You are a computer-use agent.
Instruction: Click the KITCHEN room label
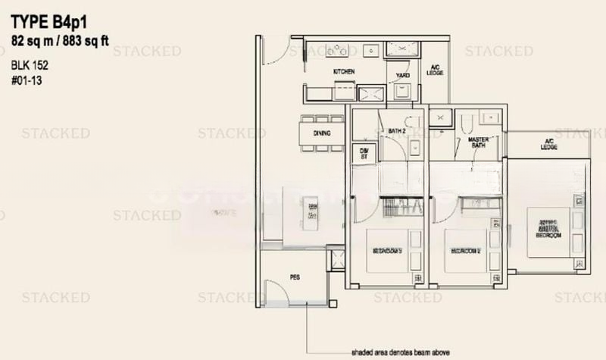coord(345,72)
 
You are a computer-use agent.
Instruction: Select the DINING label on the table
coord(322,133)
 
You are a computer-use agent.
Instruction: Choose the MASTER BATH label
coord(477,142)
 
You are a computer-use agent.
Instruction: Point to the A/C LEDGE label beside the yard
coord(435,70)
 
